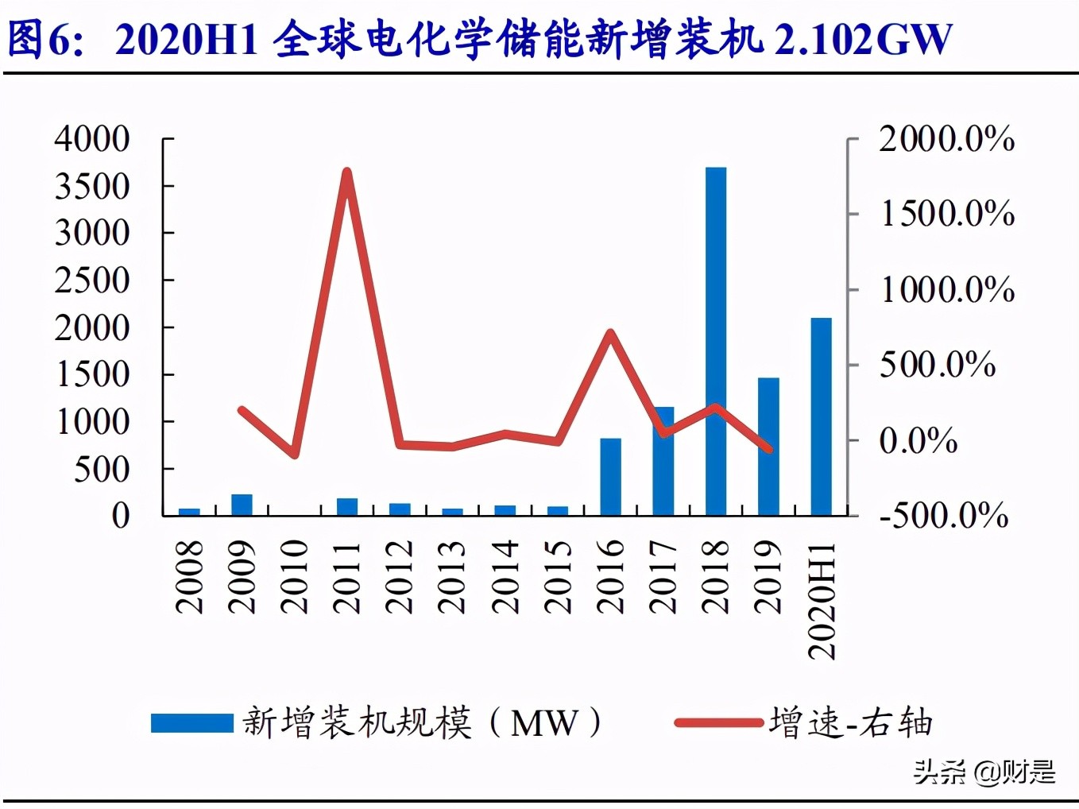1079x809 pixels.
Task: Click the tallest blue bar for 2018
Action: tap(716, 342)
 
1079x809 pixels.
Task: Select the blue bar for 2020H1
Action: tap(821, 416)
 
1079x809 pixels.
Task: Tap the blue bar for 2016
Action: tap(610, 477)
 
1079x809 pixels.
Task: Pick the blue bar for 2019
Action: tap(768, 447)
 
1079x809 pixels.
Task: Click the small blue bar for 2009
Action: tap(242, 505)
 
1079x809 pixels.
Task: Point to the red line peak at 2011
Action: tap(346, 171)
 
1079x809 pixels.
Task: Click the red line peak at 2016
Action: tap(609, 332)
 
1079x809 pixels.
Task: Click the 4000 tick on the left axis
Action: tap(92, 139)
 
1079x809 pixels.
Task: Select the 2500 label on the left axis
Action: tap(92, 281)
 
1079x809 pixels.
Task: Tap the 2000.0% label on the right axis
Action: tap(946, 139)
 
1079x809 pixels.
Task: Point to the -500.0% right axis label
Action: tap(944, 515)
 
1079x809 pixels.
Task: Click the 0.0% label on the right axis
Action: tap(918, 440)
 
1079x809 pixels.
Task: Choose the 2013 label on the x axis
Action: tap(452, 577)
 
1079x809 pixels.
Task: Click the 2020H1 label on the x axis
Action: tap(822, 601)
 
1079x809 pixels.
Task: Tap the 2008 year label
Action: tap(189, 577)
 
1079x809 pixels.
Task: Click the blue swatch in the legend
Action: tap(191, 722)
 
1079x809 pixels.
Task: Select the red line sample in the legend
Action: tap(717, 722)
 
